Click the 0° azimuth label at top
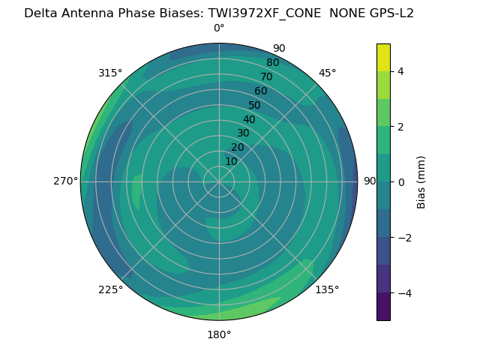click(219, 28)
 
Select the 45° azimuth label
click(327, 73)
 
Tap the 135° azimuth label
click(327, 289)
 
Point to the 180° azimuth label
click(219, 334)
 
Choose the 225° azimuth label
click(110, 289)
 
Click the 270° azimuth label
click(65, 181)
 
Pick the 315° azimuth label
click(110, 73)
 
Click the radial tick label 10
click(231, 161)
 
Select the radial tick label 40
click(249, 119)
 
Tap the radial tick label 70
click(266, 76)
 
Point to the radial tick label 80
click(272, 62)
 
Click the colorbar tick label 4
click(400, 71)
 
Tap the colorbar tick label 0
click(400, 182)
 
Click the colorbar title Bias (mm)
click(421, 181)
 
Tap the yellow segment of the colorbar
click(383, 57)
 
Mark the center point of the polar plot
click(219, 181)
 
